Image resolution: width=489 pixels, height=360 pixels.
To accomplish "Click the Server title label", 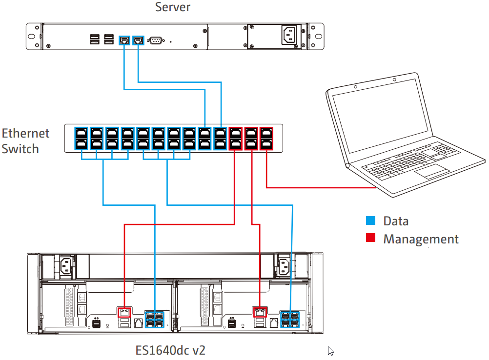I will pyautogui.click(x=172, y=7).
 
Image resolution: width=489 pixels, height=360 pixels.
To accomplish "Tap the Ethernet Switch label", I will pyautogui.click(x=26, y=140).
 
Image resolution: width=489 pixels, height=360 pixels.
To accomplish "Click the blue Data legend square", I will pyautogui.click(x=371, y=221).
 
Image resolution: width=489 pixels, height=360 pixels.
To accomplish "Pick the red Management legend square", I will pyautogui.click(x=371, y=239).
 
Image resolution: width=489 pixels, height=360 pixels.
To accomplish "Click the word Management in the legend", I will pyautogui.click(x=421, y=239).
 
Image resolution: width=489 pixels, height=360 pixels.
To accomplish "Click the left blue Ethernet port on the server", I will pyautogui.click(x=125, y=40).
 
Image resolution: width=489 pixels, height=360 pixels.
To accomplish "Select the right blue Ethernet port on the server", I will pyautogui.click(x=139, y=40).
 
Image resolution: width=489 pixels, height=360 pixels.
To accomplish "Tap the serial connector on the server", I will pyautogui.click(x=156, y=40).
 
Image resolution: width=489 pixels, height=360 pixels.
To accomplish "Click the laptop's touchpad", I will pyautogui.click(x=431, y=171).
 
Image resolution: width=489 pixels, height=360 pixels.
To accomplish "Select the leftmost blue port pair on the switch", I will pyautogui.click(x=81, y=138).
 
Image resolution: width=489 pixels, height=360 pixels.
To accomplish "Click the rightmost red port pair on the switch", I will pyautogui.click(x=266, y=138).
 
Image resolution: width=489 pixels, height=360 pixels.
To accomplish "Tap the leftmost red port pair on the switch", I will pyautogui.click(x=236, y=138).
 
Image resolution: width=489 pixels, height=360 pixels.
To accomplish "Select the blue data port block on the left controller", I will pyautogui.click(x=154, y=318).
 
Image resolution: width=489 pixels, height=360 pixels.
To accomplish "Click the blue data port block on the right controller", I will pyautogui.click(x=290, y=318).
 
